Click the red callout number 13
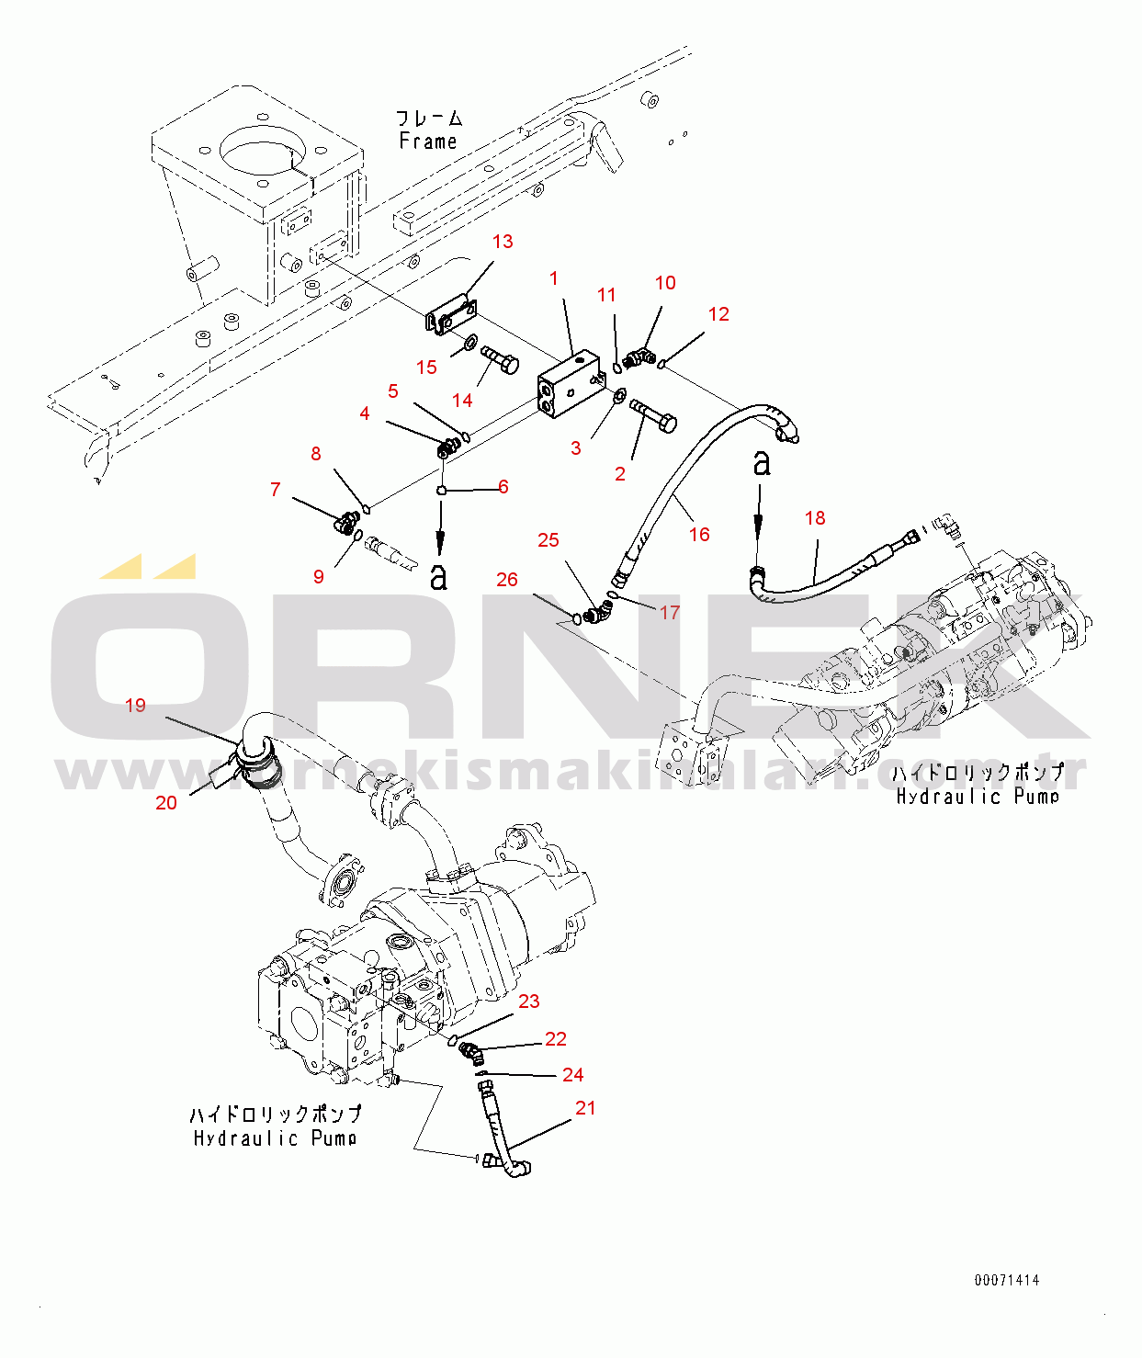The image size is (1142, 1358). click(x=503, y=242)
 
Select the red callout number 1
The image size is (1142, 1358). click(x=554, y=278)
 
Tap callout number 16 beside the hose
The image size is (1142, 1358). click(x=699, y=535)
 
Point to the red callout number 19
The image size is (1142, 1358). click(x=135, y=706)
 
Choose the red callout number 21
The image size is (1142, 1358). click(x=585, y=1108)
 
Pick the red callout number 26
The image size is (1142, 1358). click(x=507, y=580)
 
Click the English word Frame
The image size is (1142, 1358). click(x=427, y=141)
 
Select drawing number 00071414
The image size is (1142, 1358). click(x=1007, y=1280)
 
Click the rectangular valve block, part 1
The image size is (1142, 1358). click(x=568, y=387)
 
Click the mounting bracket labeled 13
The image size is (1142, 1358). click(x=451, y=315)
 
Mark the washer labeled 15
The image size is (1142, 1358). click(x=469, y=345)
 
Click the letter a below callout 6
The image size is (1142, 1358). click(x=439, y=576)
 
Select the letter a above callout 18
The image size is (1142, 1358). click(x=762, y=463)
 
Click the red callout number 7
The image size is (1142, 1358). click(x=275, y=490)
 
